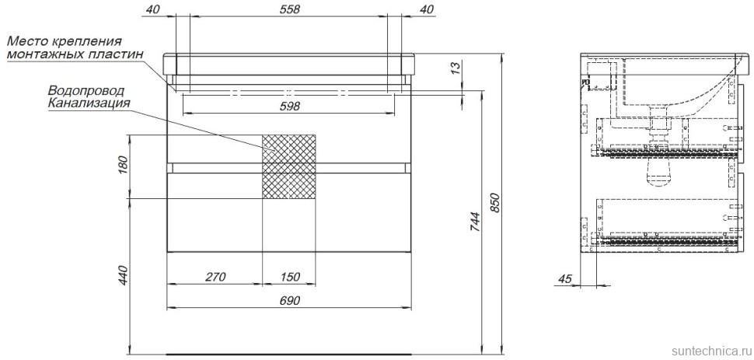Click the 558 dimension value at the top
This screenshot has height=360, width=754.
289,9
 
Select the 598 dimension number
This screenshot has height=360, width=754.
289,106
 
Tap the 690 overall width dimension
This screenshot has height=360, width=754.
289,301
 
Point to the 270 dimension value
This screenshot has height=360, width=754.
215,277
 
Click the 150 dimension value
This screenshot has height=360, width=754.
289,277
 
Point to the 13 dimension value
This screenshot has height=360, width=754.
456,68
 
